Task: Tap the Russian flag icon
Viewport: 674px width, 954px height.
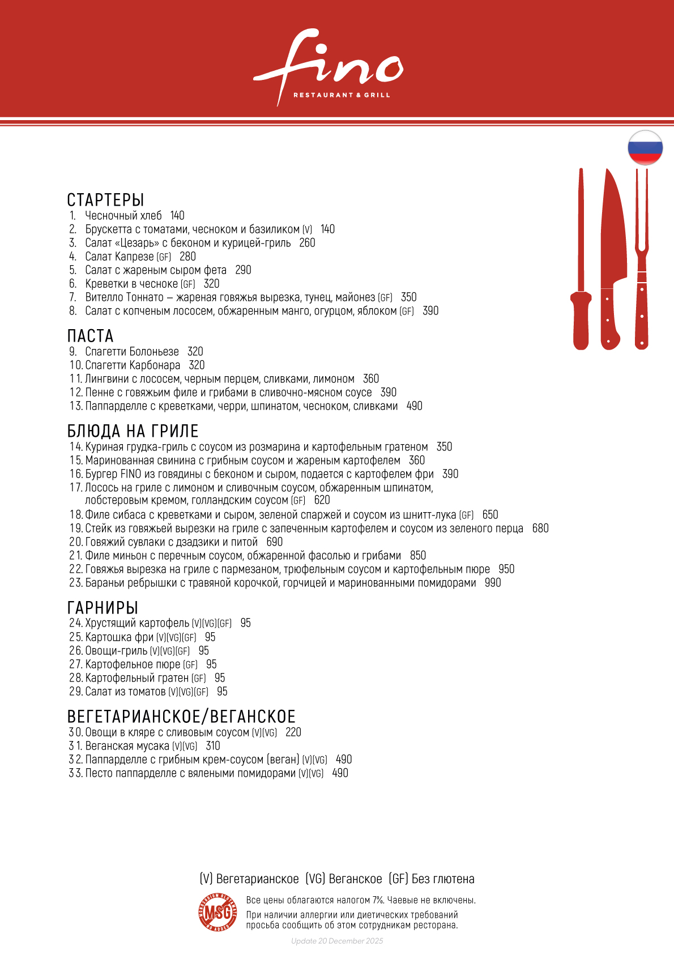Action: pyautogui.click(x=645, y=147)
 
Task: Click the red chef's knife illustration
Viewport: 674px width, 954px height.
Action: pyautogui.click(x=612, y=261)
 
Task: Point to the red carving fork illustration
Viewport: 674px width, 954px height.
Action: pyautogui.click(x=642, y=261)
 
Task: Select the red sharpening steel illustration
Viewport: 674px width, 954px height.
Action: pyautogui.click(x=581, y=261)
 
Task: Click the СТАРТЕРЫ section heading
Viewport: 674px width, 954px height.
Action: pyautogui.click(x=105, y=200)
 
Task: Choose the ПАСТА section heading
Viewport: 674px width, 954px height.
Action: pyautogui.click(x=90, y=336)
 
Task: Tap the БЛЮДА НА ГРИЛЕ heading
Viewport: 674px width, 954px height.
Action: pyautogui.click(x=133, y=431)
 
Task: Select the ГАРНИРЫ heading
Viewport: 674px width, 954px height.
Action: pyautogui.click(x=103, y=608)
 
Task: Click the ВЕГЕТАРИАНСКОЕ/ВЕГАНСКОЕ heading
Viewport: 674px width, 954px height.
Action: pyautogui.click(x=181, y=717)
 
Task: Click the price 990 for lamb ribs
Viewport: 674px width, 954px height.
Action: pyautogui.click(x=493, y=583)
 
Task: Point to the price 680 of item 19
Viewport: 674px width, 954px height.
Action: pyautogui.click(x=540, y=529)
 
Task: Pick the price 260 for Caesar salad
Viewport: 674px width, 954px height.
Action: pyautogui.click(x=307, y=243)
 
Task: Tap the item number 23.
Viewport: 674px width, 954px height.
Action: pyautogui.click(x=76, y=583)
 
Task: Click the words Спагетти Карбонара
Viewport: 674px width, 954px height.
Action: pyautogui.click(x=133, y=365)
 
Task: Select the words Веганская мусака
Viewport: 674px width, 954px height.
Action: pyautogui.click(x=127, y=746)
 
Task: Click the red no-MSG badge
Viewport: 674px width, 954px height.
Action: pyautogui.click(x=217, y=912)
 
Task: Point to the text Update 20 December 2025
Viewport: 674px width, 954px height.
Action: pyautogui.click(x=337, y=941)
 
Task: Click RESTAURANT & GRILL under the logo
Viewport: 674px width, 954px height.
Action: pyautogui.click(x=342, y=95)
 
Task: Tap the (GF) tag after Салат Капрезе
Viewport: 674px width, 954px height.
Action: pyautogui.click(x=164, y=257)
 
